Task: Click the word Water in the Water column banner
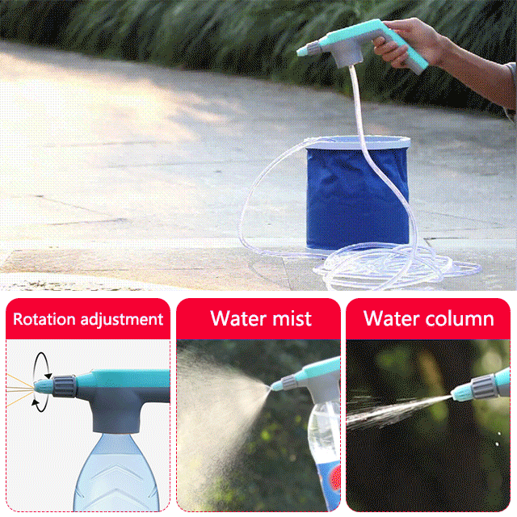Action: click(392, 318)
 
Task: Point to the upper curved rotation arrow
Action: click(42, 361)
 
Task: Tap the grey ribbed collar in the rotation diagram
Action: click(64, 386)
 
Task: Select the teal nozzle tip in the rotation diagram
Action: click(43, 386)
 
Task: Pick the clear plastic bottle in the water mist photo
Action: click(324, 455)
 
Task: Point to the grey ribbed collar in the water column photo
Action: click(483, 385)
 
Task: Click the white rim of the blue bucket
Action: click(358, 143)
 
